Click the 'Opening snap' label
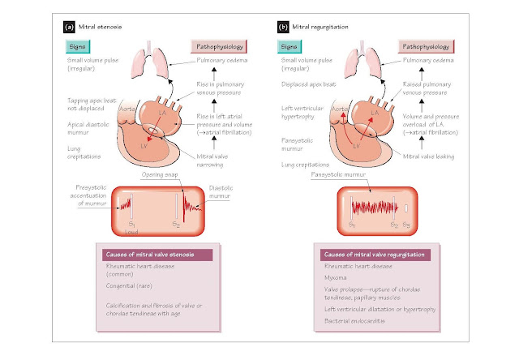pyautogui.click(x=159, y=176)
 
